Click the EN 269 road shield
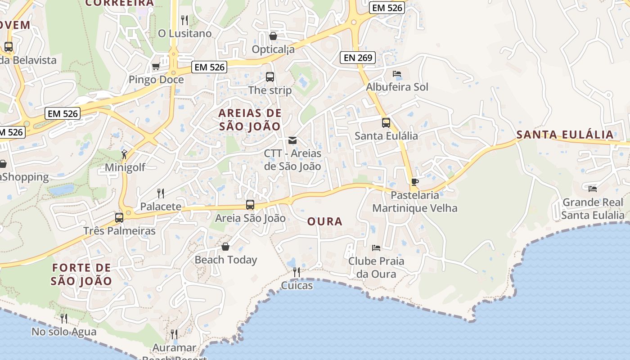click(x=358, y=57)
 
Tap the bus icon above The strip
click(x=270, y=77)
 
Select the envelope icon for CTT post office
click(x=292, y=140)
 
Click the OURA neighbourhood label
click(x=325, y=221)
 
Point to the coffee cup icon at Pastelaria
click(x=414, y=182)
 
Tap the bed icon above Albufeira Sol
click(x=397, y=74)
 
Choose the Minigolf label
click(x=125, y=167)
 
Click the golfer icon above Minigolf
click(x=125, y=154)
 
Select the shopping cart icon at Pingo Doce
click(x=156, y=67)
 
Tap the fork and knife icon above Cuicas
click(x=297, y=272)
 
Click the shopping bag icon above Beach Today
click(x=225, y=247)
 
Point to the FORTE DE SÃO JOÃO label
click(x=81, y=274)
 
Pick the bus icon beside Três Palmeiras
click(x=119, y=218)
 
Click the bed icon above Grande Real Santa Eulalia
click(x=593, y=189)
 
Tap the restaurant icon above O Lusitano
click(x=184, y=20)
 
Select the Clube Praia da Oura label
click(x=376, y=267)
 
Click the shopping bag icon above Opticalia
click(x=273, y=36)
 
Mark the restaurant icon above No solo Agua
click(x=64, y=319)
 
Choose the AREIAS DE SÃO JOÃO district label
click(x=250, y=120)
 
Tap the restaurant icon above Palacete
click(x=161, y=193)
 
